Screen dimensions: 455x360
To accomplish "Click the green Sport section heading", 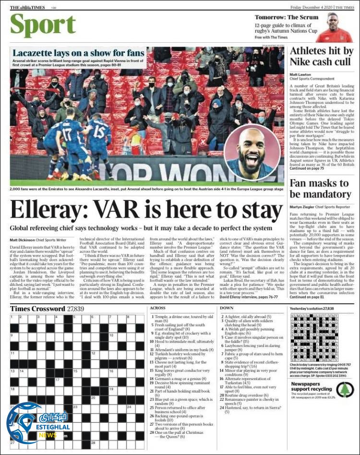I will tap(43, 25).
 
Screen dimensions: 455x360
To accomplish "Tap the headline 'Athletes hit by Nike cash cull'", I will tap(321, 56).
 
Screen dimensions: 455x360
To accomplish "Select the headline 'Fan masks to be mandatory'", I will tap(319, 188).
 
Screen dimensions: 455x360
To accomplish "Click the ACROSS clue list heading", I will tap(157, 308).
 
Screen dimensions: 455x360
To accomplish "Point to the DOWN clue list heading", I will tap(227, 308).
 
